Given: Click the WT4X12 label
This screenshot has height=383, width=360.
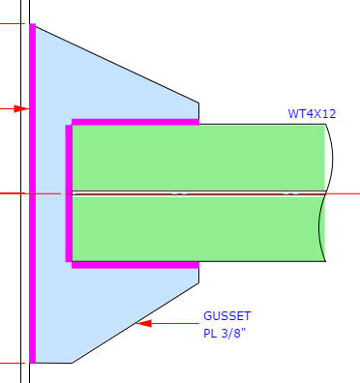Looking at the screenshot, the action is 312,114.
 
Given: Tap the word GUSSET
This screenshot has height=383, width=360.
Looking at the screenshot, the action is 227,316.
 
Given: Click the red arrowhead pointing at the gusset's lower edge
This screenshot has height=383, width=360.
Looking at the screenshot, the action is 143,323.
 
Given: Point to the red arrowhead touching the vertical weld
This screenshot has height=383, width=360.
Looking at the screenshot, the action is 21,108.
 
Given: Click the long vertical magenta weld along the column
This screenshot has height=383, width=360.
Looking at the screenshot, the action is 32,193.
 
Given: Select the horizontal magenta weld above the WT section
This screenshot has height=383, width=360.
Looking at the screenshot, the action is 135,122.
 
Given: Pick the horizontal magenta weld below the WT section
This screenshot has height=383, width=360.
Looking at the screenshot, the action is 135,265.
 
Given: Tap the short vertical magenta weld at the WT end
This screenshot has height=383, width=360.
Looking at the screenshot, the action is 69,193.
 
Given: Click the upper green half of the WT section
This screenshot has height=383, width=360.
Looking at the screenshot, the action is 198,158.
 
